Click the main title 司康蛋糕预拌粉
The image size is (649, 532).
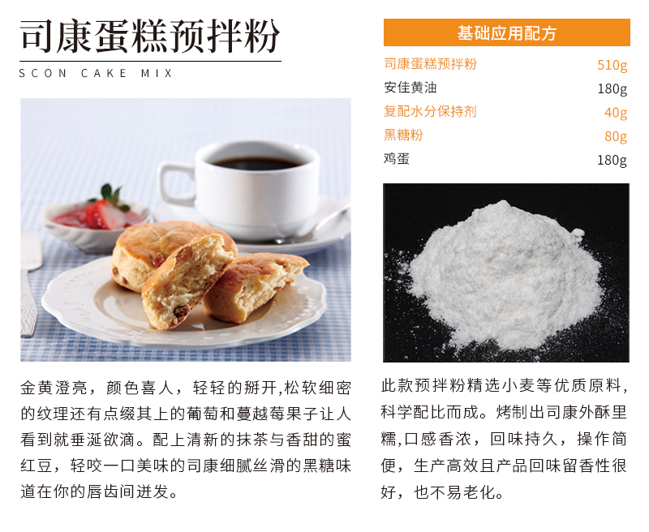pos(150,36)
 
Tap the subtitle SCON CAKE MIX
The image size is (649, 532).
pos(96,74)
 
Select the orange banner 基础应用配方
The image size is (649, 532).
pos(506,32)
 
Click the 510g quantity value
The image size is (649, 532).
pos(612,65)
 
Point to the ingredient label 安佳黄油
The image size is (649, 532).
pos(410,88)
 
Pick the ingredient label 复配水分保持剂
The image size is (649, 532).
pos(430,111)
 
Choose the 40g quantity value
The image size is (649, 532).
pos(616,113)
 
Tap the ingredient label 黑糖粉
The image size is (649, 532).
pos(403,135)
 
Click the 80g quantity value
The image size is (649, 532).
pos(616,136)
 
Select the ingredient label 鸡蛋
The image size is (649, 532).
pos(397,158)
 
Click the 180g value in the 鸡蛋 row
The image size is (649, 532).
pos(612,160)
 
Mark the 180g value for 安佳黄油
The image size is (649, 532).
pos(612,88)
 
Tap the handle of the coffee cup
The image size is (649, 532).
pos(174,183)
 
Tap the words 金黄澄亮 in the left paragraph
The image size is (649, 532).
pos(54,388)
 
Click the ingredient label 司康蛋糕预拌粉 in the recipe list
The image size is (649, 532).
pos(430,64)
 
